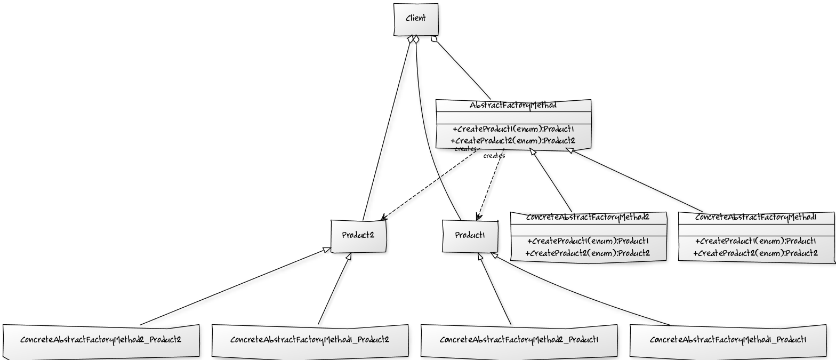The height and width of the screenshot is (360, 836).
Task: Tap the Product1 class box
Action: [x=470, y=236]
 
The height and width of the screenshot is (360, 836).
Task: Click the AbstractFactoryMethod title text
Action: [x=513, y=106]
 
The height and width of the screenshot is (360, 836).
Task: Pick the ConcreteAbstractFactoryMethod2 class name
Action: [x=588, y=218]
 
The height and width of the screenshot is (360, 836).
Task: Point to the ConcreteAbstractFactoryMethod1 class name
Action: [x=755, y=218]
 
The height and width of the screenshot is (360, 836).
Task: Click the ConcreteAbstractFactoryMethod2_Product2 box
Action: [x=101, y=340]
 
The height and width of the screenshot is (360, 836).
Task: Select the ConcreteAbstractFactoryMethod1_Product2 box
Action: [x=310, y=340]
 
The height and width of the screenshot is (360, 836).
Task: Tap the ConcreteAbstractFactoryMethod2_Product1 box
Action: [x=519, y=340]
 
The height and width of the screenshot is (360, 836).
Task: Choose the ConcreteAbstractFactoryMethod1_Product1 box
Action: [x=728, y=340]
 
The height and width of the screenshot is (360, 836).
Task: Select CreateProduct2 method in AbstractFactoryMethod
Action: [x=513, y=141]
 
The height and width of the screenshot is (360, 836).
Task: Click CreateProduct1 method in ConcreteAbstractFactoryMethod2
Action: [x=588, y=241]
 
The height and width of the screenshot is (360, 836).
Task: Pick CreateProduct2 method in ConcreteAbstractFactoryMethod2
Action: [x=588, y=253]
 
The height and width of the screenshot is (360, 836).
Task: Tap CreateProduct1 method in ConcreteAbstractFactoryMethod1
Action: [x=755, y=241]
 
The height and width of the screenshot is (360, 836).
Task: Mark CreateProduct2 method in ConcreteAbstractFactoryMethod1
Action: [x=755, y=253]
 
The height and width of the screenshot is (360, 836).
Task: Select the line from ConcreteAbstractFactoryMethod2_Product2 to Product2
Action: [x=235, y=288]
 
